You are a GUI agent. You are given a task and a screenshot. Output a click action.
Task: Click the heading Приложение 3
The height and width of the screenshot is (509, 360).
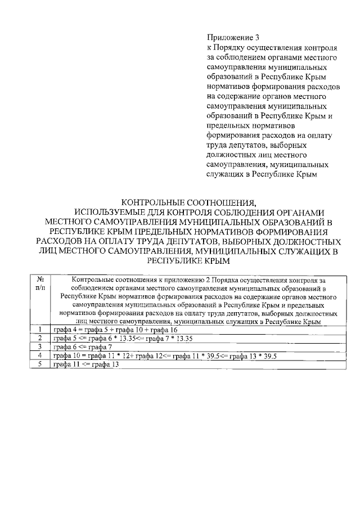pos(227,37)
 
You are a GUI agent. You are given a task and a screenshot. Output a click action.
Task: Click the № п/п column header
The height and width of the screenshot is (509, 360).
pos(40,283)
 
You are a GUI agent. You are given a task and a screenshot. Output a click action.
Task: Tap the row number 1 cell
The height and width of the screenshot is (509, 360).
pos(40,329)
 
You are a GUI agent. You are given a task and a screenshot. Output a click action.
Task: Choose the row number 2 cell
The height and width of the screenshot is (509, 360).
pos(40,338)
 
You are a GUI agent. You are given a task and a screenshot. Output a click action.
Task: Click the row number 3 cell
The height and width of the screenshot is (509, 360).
pos(40,347)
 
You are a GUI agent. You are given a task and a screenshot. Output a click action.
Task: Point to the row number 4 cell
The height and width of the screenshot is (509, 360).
pos(40,356)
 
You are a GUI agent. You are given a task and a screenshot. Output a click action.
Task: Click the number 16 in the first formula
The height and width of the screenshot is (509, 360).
pos(173,330)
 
